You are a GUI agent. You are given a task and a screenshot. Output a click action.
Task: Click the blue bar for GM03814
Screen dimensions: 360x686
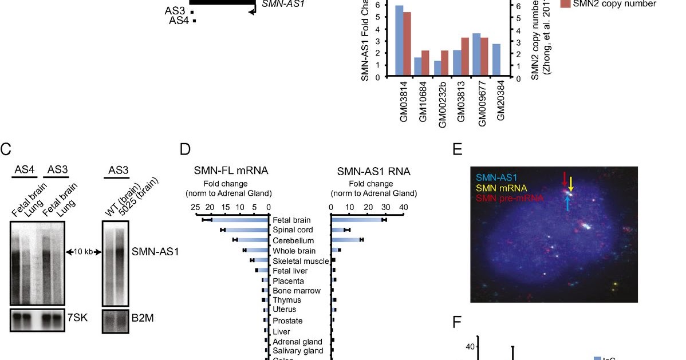coord(399,40)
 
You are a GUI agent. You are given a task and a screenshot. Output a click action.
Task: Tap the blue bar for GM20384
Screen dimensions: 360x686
coord(496,60)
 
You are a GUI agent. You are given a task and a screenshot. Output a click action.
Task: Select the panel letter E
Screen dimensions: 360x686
coord(458,150)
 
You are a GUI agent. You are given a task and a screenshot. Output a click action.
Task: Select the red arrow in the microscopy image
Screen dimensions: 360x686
coord(565,177)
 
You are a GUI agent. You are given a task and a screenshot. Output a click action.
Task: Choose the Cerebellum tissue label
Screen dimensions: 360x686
coord(293,240)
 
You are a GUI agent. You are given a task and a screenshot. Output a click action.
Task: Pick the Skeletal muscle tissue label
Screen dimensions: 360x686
coord(299,260)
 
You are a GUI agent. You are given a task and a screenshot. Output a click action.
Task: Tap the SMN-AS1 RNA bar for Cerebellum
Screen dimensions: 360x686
coord(346,240)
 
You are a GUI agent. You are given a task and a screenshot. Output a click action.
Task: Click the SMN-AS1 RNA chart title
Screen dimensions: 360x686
coord(373,171)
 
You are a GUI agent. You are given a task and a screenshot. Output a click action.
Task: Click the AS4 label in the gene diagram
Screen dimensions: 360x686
coord(179,21)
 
